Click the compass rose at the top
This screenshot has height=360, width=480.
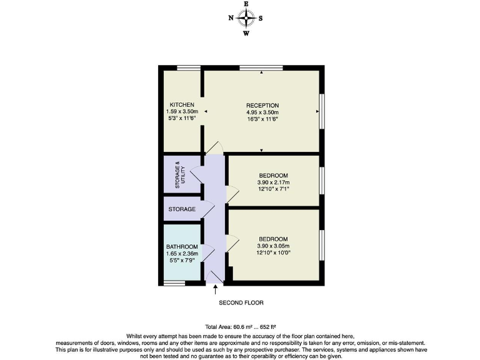click(x=246, y=18)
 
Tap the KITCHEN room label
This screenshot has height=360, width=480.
click(x=182, y=104)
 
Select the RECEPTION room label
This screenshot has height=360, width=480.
click(x=262, y=105)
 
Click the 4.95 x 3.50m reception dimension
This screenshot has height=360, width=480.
click(x=262, y=112)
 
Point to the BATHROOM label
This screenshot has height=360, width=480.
click(x=182, y=247)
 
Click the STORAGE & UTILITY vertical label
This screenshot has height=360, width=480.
click(x=180, y=175)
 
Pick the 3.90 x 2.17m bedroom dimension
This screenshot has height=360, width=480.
click(x=273, y=182)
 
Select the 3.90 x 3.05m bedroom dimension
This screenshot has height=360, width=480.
click(x=273, y=246)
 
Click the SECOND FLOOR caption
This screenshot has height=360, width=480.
click(x=241, y=302)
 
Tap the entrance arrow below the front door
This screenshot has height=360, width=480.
click(x=216, y=289)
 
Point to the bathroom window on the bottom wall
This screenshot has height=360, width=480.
click(x=174, y=283)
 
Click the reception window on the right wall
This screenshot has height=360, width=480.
click(x=322, y=111)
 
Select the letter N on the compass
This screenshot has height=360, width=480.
click(x=231, y=18)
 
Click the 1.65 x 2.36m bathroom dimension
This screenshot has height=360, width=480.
click(x=182, y=254)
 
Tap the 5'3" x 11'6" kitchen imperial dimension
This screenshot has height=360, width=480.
click(x=182, y=118)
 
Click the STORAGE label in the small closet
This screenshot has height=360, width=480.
click(x=182, y=209)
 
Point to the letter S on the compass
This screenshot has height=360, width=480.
click(x=261, y=18)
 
